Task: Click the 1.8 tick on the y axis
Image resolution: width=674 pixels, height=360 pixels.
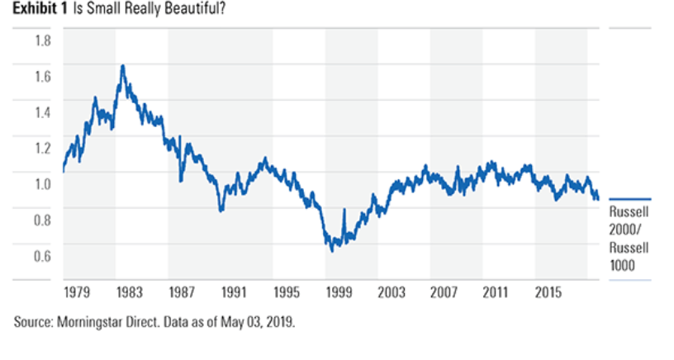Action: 41,40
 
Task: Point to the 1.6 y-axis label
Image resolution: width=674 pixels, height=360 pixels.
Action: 41,76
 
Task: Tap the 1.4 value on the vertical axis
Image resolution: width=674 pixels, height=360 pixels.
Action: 41,112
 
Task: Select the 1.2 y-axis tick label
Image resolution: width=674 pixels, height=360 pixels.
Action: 41,148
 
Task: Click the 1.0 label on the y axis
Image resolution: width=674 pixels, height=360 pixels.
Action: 41,184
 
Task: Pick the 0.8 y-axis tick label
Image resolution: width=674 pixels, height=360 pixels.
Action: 41,220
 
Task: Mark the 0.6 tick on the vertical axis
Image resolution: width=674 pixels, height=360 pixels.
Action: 41,256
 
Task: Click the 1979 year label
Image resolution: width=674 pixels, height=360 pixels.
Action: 77,293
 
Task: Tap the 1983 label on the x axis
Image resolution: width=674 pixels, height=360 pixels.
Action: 129,293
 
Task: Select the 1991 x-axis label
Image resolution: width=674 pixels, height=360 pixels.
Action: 234,293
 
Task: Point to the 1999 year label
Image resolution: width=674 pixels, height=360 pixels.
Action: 339,293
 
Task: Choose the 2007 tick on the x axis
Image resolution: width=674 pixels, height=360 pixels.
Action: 444,293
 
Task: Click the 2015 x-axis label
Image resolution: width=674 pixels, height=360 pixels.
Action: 548,293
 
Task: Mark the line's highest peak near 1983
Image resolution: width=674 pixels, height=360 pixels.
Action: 123,65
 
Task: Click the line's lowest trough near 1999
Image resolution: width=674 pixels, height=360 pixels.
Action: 332,250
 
